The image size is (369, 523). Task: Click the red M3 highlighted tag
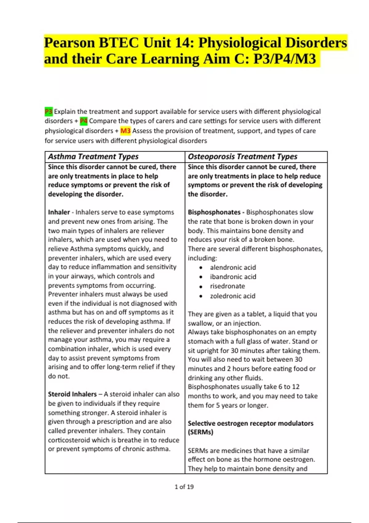(x=125, y=131)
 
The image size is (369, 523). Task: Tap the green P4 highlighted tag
(x=84, y=121)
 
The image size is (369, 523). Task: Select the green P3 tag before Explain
(x=49, y=111)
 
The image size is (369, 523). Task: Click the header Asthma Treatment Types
(x=93, y=157)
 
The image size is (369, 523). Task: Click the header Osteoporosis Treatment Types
(x=242, y=157)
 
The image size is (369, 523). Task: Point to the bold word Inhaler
(x=59, y=212)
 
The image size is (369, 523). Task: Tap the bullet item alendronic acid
(x=233, y=267)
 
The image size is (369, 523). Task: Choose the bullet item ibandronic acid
(x=233, y=277)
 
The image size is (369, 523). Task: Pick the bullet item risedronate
(x=227, y=286)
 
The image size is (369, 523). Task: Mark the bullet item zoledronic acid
(x=232, y=296)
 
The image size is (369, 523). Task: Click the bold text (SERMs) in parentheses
(x=200, y=432)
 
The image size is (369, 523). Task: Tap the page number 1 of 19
(x=184, y=487)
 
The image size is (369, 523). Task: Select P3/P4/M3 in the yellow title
(x=284, y=59)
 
